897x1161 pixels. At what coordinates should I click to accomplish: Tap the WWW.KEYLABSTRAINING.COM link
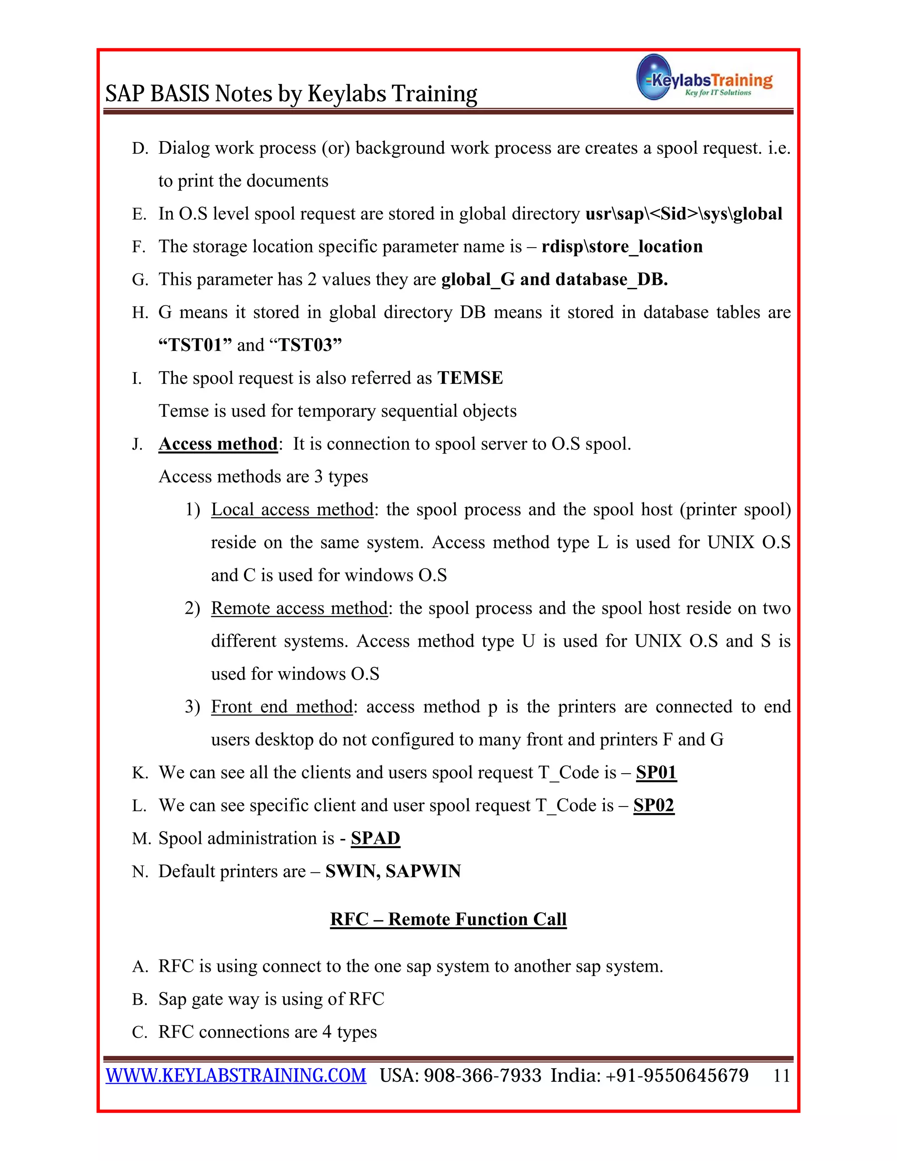pyautogui.click(x=236, y=1076)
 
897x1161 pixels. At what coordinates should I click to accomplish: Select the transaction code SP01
pyautogui.click(x=656, y=772)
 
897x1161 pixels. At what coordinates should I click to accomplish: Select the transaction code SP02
pyautogui.click(x=653, y=805)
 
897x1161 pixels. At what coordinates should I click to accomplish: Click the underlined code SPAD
pyautogui.click(x=375, y=838)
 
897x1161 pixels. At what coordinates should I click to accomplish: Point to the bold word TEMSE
pyautogui.click(x=470, y=378)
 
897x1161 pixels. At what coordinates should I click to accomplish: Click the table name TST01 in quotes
pyautogui.click(x=195, y=345)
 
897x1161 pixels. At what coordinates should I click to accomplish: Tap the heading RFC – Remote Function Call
pyautogui.click(x=448, y=919)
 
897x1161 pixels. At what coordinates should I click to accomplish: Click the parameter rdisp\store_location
pyautogui.click(x=622, y=247)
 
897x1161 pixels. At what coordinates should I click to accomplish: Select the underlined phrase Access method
pyautogui.click(x=218, y=444)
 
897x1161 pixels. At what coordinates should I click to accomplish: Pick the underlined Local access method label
pyautogui.click(x=292, y=510)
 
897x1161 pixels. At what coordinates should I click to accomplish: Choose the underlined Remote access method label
pyautogui.click(x=299, y=608)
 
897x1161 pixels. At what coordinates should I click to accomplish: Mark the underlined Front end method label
pyautogui.click(x=282, y=707)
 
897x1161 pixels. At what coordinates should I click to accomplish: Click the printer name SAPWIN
pyautogui.click(x=423, y=871)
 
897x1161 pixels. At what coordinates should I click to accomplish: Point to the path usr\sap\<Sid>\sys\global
pyautogui.click(x=683, y=214)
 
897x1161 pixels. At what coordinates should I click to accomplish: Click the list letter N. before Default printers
pyautogui.click(x=140, y=872)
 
